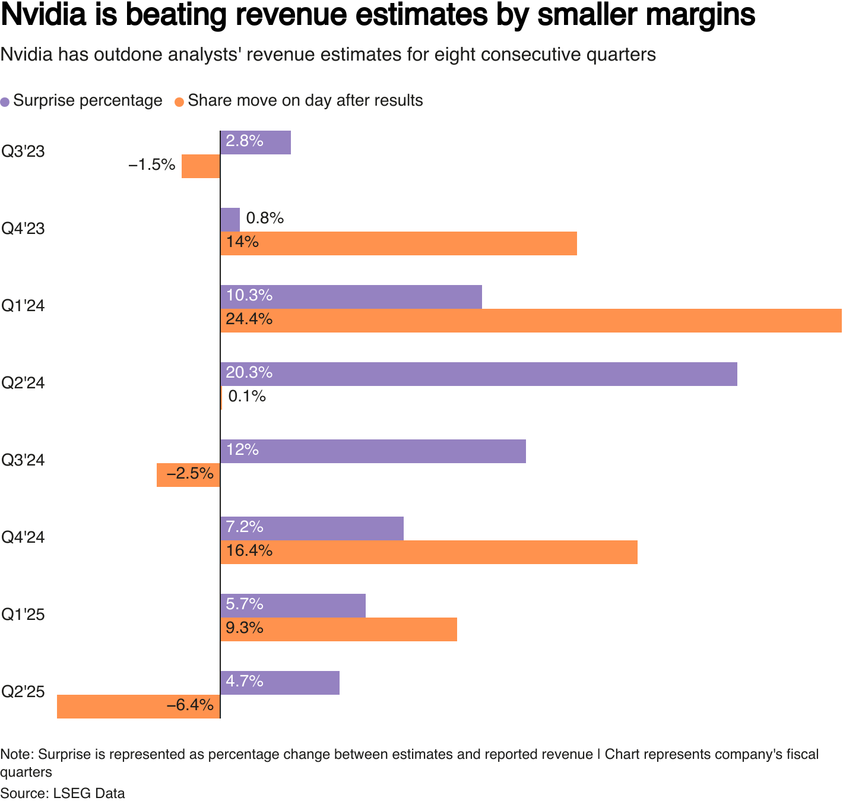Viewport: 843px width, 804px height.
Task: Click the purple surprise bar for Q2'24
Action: point(478,374)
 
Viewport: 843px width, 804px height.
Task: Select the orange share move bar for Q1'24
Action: point(531,321)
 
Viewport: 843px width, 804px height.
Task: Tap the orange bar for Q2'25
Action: point(138,707)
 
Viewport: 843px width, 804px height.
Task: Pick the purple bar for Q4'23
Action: point(230,220)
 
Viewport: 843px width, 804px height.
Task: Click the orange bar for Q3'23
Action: point(201,166)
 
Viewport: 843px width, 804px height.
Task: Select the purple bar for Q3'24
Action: point(373,451)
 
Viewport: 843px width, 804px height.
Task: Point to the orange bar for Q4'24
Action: point(429,552)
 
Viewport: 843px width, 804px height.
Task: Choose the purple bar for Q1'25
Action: point(293,606)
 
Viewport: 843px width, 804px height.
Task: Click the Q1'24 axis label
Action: point(23,306)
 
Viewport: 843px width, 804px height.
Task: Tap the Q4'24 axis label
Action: point(23,537)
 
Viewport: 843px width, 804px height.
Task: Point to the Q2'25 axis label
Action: point(23,692)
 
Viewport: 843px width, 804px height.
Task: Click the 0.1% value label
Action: point(247,396)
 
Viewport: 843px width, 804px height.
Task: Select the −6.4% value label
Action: point(190,705)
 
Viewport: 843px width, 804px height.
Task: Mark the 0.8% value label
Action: point(265,219)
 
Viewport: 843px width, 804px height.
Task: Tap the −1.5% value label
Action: point(152,165)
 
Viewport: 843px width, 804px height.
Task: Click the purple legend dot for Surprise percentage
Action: point(5,102)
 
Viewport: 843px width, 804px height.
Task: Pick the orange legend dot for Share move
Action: point(179,102)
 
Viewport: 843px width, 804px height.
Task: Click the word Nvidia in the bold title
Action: point(42,15)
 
